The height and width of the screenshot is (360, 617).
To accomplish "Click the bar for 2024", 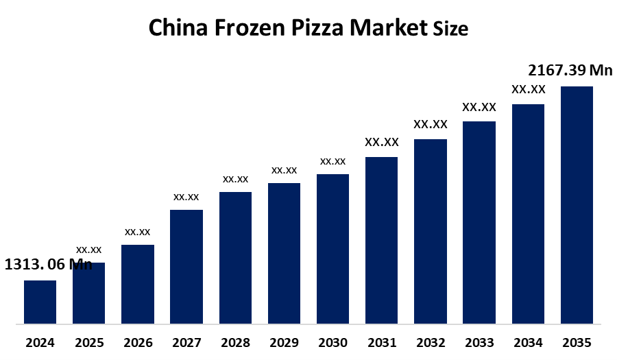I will pos(40,302).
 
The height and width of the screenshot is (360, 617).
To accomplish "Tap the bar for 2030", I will pos(332,248).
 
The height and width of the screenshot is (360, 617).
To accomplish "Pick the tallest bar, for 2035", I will pos(577,204).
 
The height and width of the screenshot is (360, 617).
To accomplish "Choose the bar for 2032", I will pos(431,231).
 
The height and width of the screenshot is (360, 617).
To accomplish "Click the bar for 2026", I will pos(138,284).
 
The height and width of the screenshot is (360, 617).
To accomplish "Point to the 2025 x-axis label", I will pos(88,342).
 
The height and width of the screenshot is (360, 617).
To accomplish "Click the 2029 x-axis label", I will pos(284,342).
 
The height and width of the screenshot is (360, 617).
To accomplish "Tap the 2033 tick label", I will pos(479,342).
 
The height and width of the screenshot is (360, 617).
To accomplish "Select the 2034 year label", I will pos(528,342).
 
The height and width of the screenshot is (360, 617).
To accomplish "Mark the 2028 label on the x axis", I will pos(235,342).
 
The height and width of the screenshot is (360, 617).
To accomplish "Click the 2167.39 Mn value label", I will pos(570,70).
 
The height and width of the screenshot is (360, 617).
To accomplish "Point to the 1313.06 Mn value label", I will pos(48,265).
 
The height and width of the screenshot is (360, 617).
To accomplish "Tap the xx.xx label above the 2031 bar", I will pos(381,142).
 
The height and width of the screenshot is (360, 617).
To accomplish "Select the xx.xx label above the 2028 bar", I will pos(235,179).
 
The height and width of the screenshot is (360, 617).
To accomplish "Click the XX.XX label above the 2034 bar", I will pos(528,89).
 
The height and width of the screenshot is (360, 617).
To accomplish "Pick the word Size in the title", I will pos(450,29).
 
